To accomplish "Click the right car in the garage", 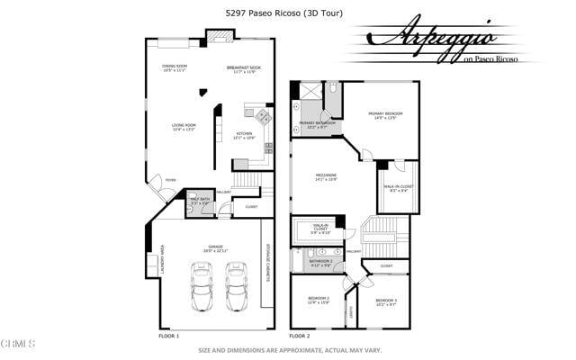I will tap(237, 287).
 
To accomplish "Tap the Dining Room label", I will tap(175, 67).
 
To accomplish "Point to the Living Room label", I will tap(184, 127).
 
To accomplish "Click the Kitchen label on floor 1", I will tap(245, 135).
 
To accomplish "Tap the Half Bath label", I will tap(200, 201).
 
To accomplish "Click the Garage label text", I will tap(215, 248).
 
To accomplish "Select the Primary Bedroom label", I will tap(385, 115).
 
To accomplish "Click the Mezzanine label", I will tap(326, 177).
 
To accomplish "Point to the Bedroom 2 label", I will tap(319, 300).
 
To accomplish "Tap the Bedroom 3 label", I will tap(386, 301).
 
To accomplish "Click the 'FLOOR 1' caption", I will tap(168, 335).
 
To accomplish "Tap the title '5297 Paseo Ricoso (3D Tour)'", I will tap(284, 13).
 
